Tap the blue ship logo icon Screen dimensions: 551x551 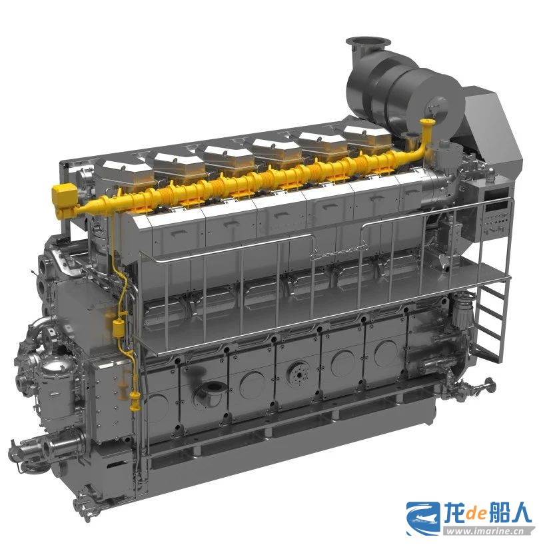coord(423,518)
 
